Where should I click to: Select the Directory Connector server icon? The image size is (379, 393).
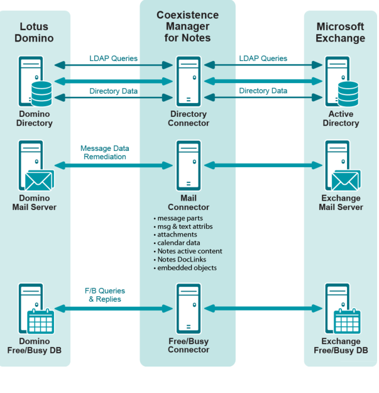tap(188, 80)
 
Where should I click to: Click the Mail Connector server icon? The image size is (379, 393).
tap(188, 166)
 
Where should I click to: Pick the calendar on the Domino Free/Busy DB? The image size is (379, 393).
tap(41, 321)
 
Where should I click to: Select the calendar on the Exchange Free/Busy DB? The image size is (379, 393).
tap(347, 321)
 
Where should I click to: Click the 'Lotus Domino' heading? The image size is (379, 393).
tap(36, 32)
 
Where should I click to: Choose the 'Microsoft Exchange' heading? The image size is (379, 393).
tap(340, 32)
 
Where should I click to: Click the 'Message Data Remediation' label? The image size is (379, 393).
tap(104, 152)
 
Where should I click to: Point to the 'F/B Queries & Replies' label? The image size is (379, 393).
tap(104, 295)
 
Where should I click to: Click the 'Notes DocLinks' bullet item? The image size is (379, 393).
tap(183, 260)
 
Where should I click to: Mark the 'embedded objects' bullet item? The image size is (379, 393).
tap(187, 268)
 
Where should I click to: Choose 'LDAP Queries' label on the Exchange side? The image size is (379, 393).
tap(263, 58)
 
